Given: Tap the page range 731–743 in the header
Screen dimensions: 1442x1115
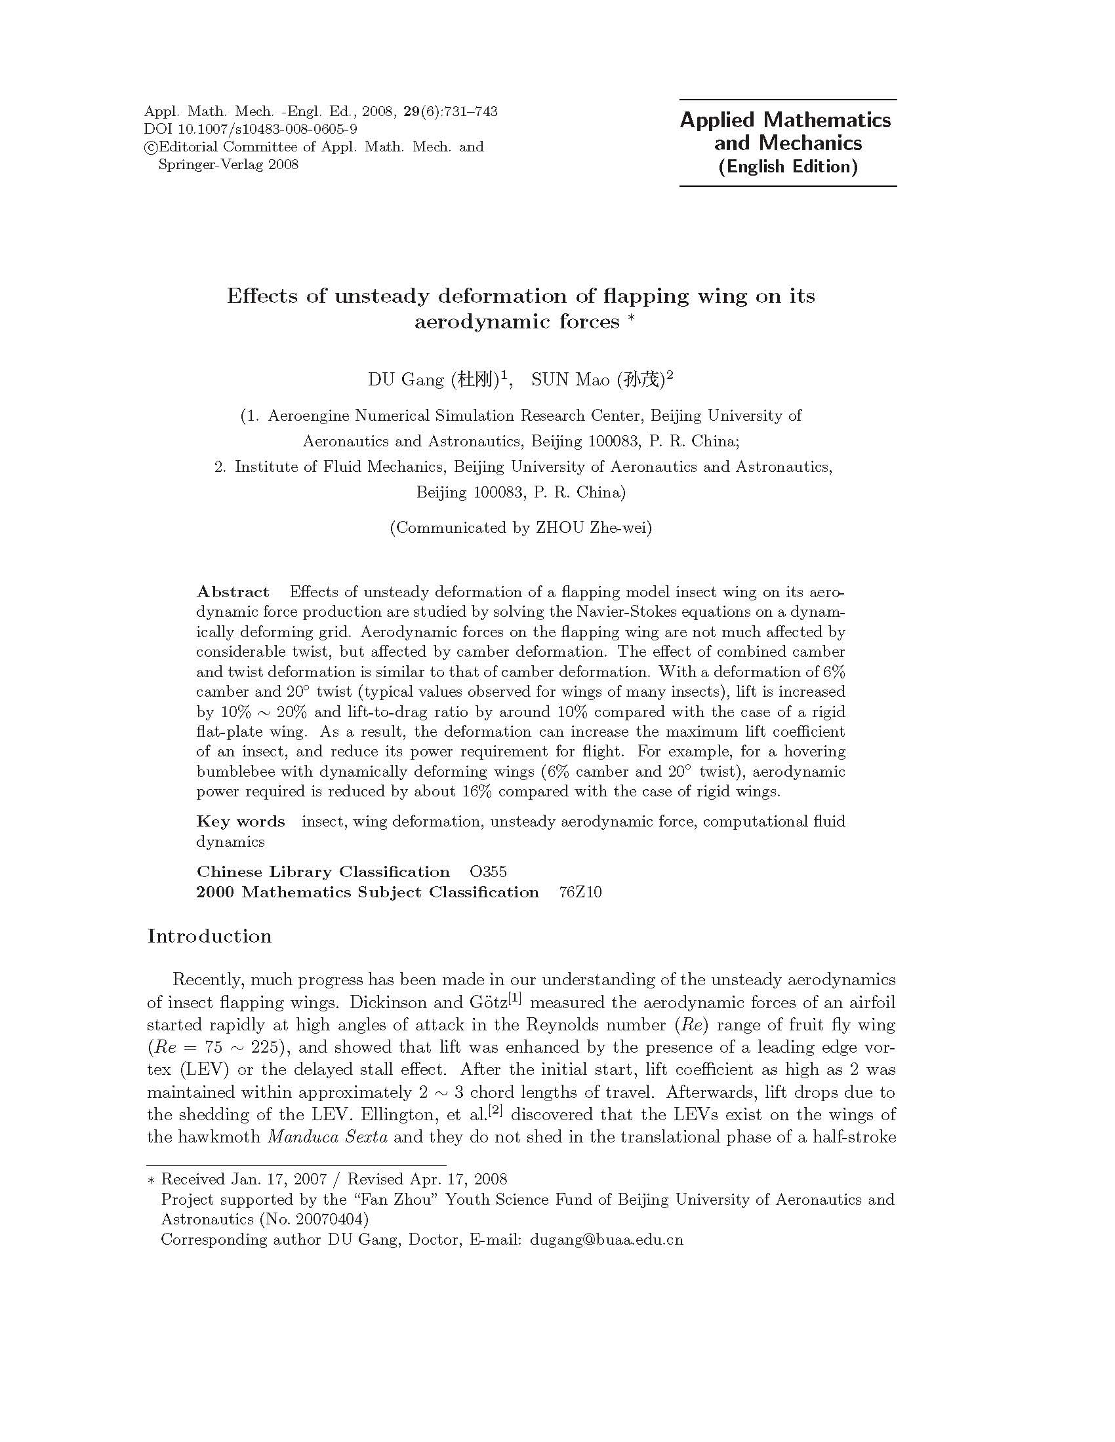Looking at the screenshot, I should pyautogui.click(x=470, y=111).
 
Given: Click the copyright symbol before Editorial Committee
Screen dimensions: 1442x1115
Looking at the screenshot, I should pyautogui.click(x=150, y=147).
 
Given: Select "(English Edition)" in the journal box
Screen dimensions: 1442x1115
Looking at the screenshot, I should pyautogui.click(x=788, y=166).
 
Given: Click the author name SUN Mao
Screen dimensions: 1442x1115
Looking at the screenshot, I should pyautogui.click(x=571, y=380).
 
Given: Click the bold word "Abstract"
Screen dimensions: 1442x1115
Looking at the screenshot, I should pyautogui.click(x=233, y=592).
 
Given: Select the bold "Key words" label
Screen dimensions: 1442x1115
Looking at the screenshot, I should pyautogui.click(x=241, y=821).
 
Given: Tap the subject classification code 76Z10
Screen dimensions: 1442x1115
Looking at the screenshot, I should pyautogui.click(x=580, y=892).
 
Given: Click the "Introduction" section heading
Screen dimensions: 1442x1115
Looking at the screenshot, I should pyautogui.click(x=209, y=935).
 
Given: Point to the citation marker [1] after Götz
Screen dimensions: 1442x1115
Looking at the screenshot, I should pyautogui.click(x=515, y=998).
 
